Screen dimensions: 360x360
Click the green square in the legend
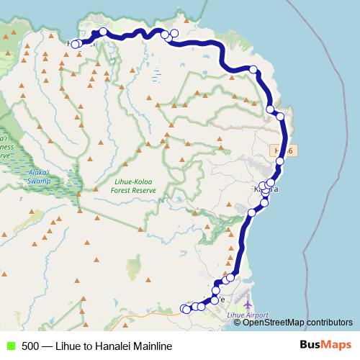(x=10, y=346)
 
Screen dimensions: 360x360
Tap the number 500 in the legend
(x=30, y=346)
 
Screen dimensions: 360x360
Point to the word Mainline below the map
(x=152, y=346)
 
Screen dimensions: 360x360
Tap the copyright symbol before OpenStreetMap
(x=237, y=323)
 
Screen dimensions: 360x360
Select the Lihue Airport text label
(x=248, y=315)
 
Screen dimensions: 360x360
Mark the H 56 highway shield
(x=284, y=150)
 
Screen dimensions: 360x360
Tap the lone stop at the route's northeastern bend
(x=253, y=70)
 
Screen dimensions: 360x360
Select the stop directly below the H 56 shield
(x=279, y=161)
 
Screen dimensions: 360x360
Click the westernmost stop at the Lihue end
(x=184, y=309)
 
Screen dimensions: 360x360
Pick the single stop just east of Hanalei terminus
(x=103, y=32)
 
